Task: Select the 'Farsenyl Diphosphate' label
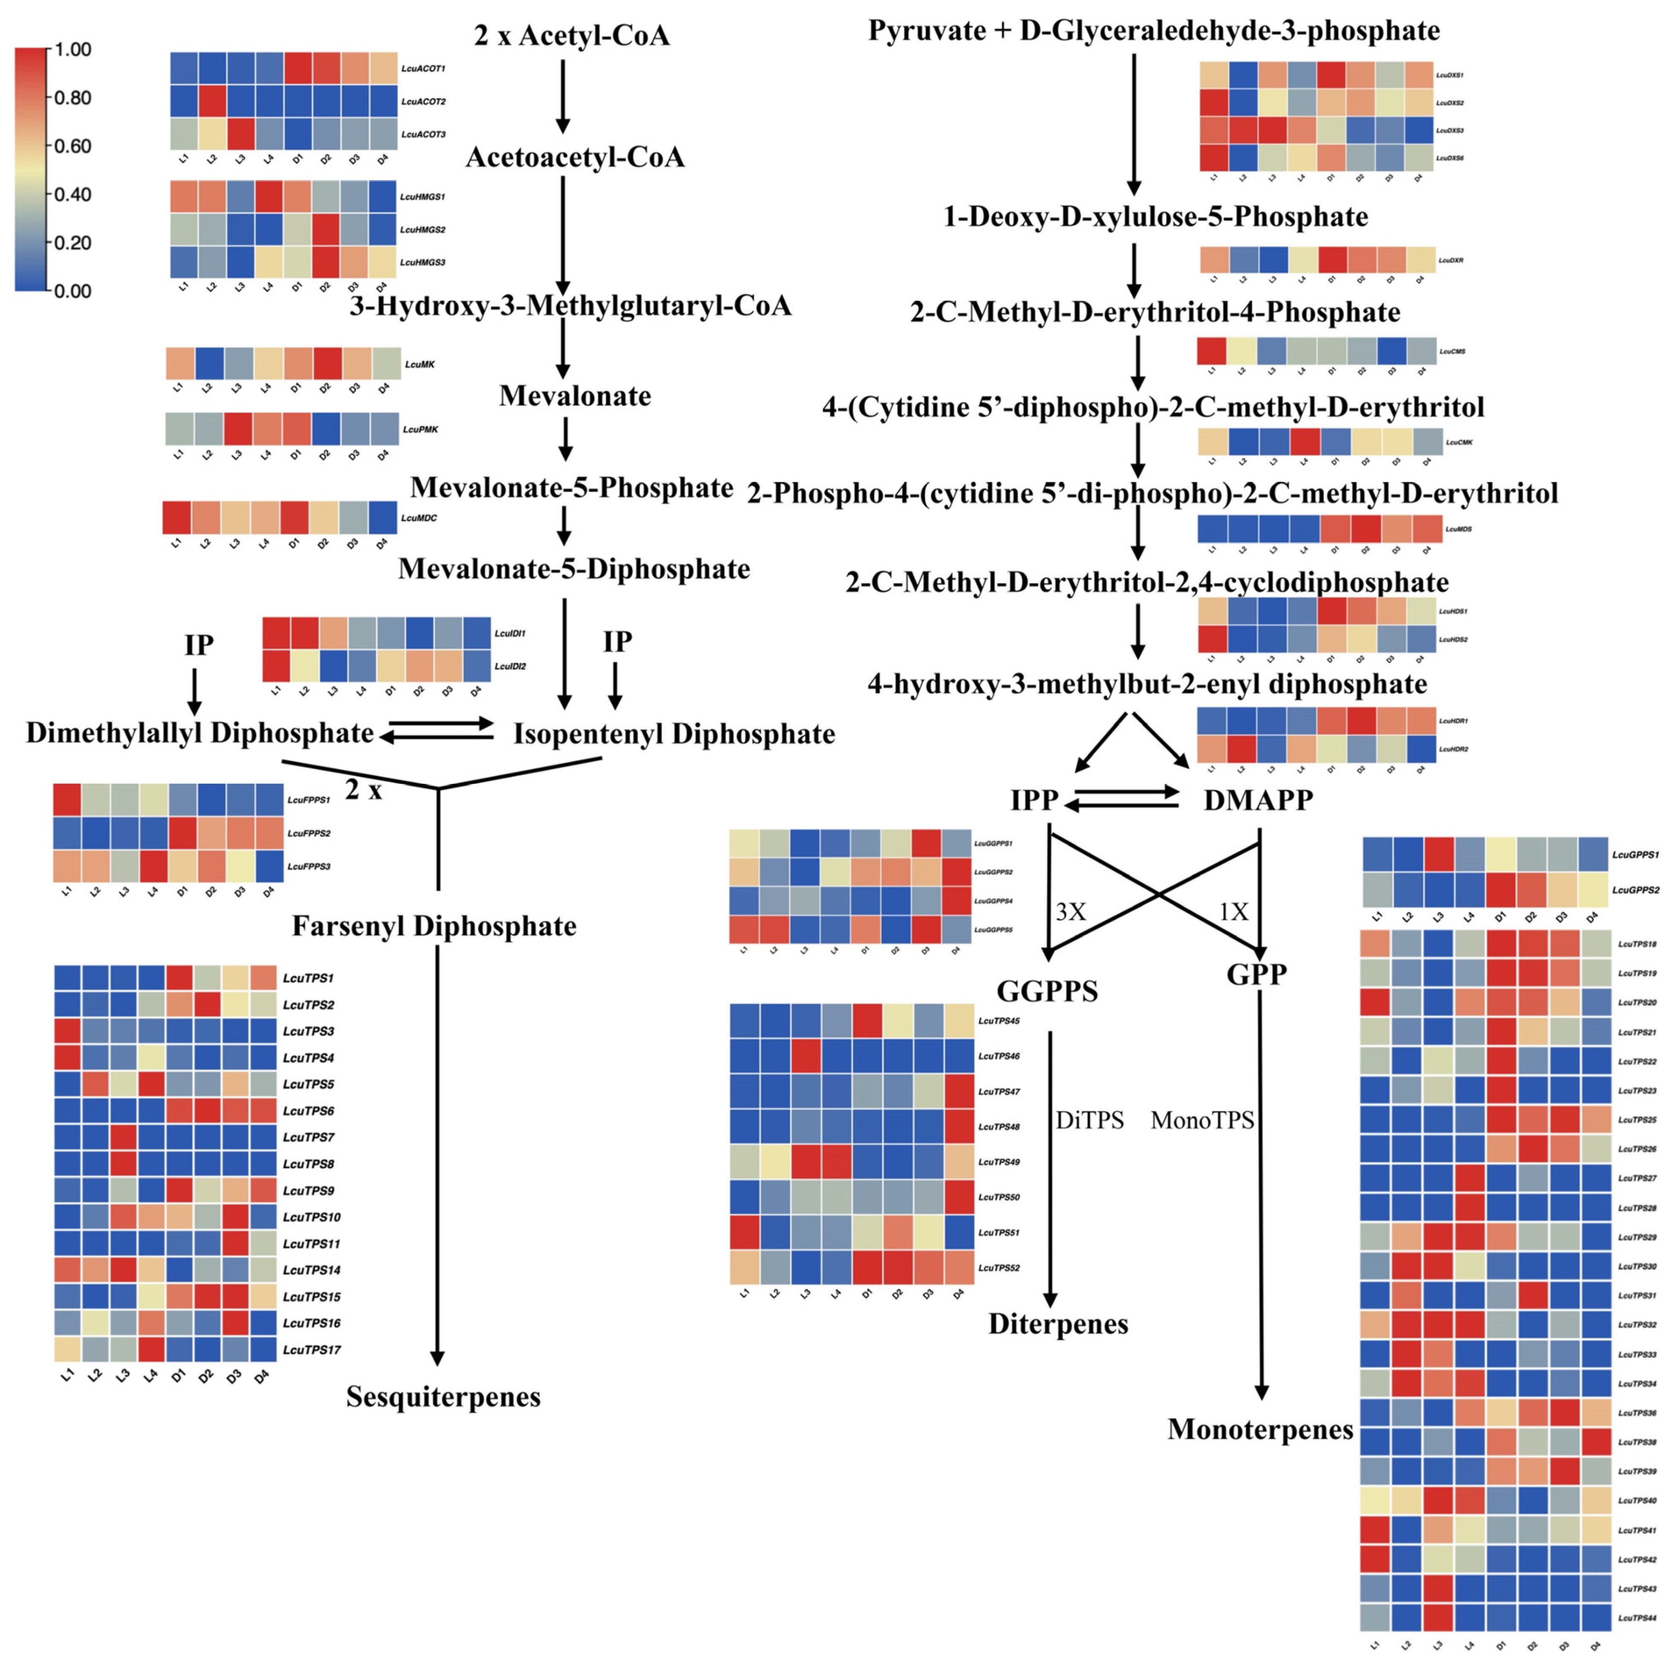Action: pyautogui.click(x=434, y=926)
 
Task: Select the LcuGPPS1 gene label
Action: pyautogui.click(x=1635, y=855)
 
